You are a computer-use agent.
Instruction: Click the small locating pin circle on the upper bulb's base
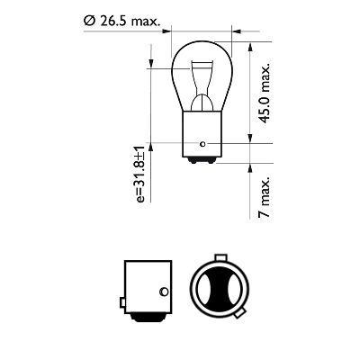[204, 144]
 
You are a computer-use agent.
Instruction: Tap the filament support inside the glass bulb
[200, 81]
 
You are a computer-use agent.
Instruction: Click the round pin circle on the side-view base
[163, 290]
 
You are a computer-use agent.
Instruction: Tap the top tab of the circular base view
[219, 255]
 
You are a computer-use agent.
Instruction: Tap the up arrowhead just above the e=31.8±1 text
[152, 148]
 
